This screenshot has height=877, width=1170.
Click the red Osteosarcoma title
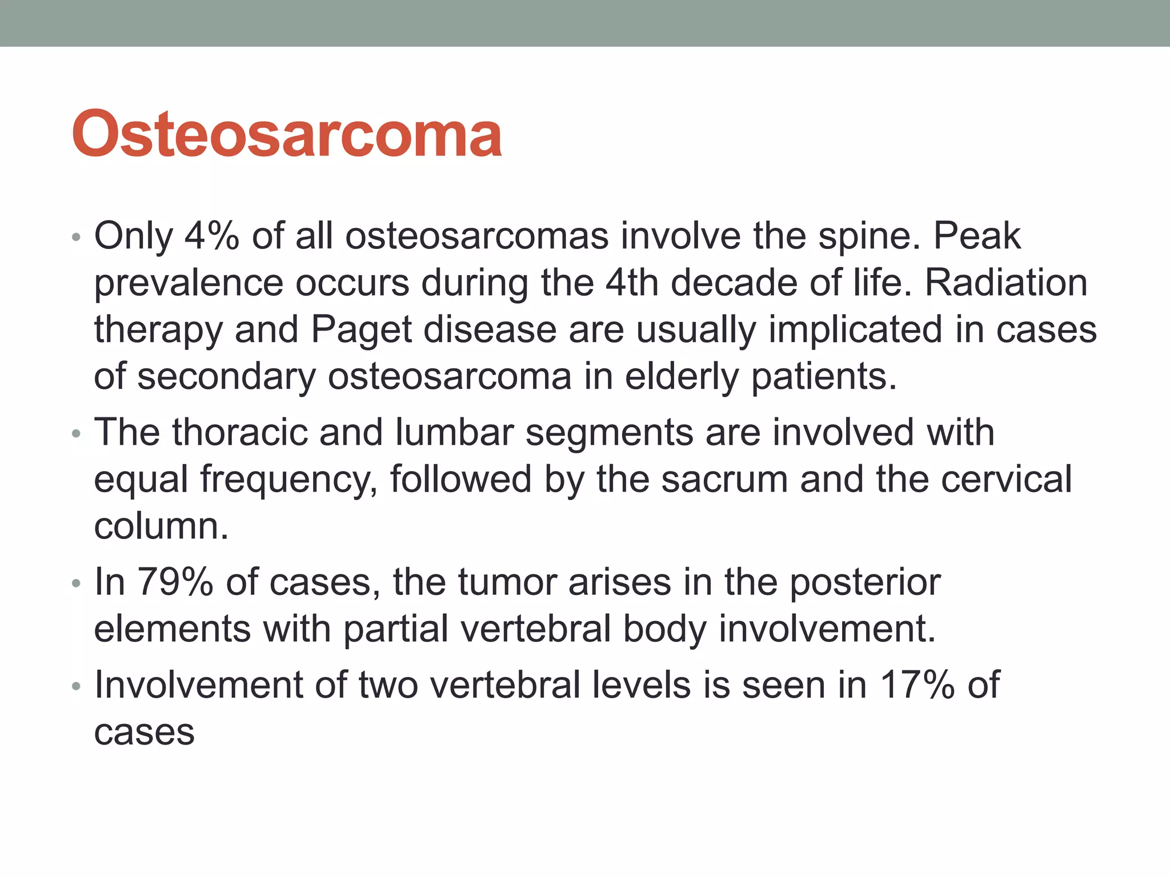(287, 134)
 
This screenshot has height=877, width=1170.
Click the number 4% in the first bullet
(211, 236)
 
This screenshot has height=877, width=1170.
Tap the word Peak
(977, 236)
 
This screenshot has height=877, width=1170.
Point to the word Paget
(361, 330)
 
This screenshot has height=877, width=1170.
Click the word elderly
(682, 377)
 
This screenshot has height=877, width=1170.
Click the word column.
(161, 526)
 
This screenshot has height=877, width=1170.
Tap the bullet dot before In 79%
(77, 583)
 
